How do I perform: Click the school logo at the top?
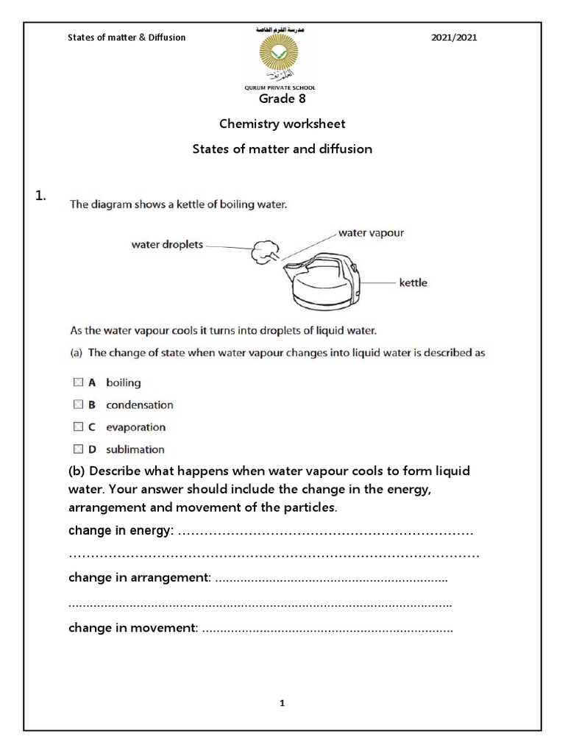click(282, 58)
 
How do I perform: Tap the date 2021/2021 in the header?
click(454, 38)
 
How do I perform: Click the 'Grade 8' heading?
click(282, 99)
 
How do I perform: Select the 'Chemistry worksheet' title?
click(282, 124)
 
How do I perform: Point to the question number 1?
click(40, 195)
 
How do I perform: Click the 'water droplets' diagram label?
click(167, 245)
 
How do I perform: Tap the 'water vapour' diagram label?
click(371, 232)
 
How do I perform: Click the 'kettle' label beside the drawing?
click(413, 282)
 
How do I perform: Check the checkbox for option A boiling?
click(78, 382)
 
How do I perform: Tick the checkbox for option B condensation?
click(78, 404)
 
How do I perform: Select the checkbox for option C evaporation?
click(78, 427)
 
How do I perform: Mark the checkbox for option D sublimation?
click(78, 449)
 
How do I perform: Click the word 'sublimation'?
click(135, 449)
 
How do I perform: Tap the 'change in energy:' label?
click(121, 531)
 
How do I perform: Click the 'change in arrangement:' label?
click(140, 578)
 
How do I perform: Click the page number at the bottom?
click(282, 703)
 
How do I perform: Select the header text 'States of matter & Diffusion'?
click(127, 38)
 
